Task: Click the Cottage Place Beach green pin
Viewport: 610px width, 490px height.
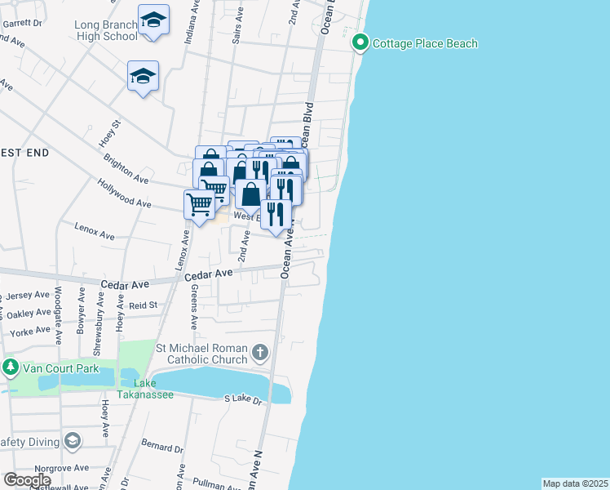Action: coord(359,42)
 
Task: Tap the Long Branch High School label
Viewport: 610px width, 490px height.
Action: coord(106,30)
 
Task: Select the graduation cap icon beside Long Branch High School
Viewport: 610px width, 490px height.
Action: coord(153,23)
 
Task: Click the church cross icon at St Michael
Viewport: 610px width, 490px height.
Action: coord(260,354)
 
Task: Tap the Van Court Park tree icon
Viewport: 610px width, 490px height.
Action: coord(10,367)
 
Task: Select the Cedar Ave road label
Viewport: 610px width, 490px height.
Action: coord(125,284)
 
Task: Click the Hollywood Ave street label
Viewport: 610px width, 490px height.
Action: coord(123,193)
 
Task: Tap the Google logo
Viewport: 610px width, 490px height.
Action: coord(27,480)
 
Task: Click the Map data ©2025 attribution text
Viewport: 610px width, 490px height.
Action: coord(576,483)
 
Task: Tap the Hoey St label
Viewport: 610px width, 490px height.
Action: coord(110,133)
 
